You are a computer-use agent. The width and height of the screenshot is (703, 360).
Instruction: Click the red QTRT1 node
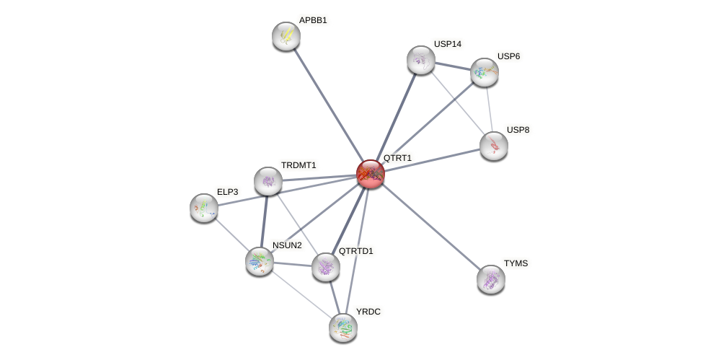tap(370, 174)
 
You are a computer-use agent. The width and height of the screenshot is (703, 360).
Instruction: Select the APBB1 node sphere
tap(286, 36)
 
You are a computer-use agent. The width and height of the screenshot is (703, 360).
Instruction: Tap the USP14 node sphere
tap(420, 60)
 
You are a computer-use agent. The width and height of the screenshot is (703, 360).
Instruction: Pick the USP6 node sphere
tap(484, 72)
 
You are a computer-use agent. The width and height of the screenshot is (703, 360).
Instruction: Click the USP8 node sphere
tap(494, 146)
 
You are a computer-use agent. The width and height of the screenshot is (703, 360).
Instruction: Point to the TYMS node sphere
tap(491, 279)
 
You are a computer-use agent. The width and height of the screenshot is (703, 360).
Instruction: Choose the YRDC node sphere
tap(343, 328)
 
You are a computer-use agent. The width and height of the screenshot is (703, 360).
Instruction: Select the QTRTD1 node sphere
tap(326, 267)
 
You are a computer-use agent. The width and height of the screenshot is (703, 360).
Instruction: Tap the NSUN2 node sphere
tap(260, 261)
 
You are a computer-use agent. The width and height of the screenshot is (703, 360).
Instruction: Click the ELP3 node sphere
tap(204, 208)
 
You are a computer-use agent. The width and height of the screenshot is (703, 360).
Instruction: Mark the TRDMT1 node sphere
tap(268, 181)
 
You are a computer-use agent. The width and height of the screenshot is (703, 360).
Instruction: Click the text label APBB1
tap(313, 20)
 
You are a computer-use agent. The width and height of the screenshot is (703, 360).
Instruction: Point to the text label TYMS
tap(516, 263)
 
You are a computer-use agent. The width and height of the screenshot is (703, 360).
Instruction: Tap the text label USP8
tap(518, 130)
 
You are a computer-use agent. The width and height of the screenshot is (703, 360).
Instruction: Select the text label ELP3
tap(227, 192)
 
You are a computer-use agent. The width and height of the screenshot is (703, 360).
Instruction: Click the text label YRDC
tap(368, 312)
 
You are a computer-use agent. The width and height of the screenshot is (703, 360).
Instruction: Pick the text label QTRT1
tap(397, 157)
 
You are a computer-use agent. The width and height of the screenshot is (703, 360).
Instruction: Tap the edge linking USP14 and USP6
tap(452, 66)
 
